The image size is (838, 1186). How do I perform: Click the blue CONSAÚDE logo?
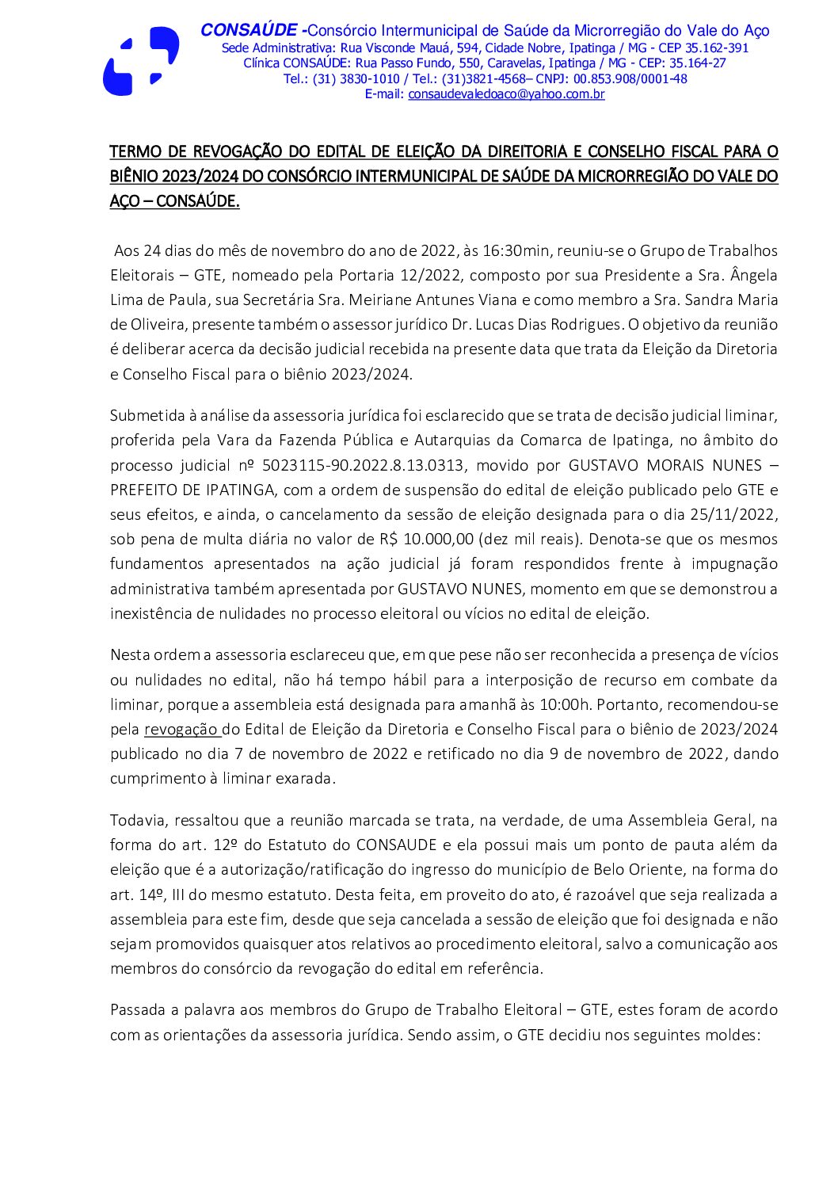coord(140,62)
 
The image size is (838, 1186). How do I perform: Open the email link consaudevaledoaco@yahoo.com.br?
coord(506,94)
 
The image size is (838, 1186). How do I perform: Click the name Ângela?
coord(753,276)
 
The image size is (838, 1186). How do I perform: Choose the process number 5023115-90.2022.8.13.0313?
coord(364,465)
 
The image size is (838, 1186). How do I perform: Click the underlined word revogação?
coord(181,730)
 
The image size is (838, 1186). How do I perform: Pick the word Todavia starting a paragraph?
coord(138,820)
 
